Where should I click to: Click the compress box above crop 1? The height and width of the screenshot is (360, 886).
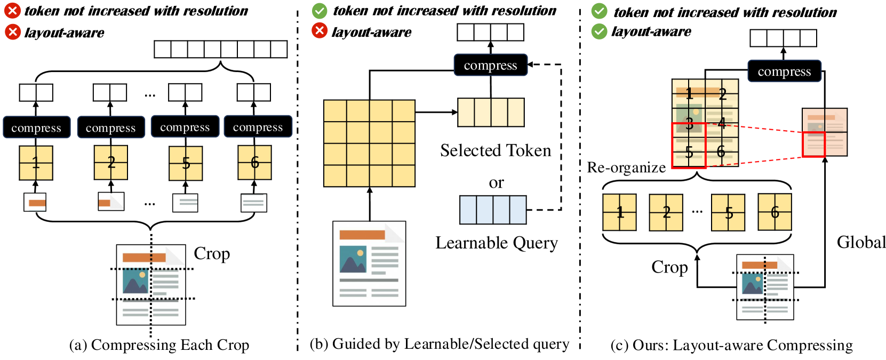(x=36, y=127)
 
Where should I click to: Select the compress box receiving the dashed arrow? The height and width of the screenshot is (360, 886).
(x=490, y=65)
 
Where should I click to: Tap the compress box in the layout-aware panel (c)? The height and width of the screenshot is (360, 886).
(x=784, y=71)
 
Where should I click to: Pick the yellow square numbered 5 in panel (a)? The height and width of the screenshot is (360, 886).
(x=186, y=163)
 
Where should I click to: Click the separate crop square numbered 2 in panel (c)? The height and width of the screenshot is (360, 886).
(x=666, y=212)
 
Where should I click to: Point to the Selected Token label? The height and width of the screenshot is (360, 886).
(x=495, y=151)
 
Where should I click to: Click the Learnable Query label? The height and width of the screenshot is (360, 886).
(x=496, y=243)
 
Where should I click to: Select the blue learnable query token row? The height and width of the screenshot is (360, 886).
(x=493, y=210)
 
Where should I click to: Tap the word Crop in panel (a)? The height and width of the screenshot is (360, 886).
(x=212, y=254)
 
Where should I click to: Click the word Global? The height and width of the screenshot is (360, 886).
(x=861, y=243)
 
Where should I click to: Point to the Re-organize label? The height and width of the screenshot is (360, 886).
(x=626, y=167)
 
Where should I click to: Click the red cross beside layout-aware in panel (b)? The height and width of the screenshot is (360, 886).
(x=319, y=31)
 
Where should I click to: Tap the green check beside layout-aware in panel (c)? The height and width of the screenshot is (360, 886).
(x=599, y=31)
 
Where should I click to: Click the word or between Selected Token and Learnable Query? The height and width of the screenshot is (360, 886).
(x=496, y=183)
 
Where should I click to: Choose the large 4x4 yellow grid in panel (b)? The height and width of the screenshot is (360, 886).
(x=369, y=143)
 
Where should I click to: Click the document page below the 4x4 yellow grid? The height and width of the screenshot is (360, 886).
(x=369, y=263)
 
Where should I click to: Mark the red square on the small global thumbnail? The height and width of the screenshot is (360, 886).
(x=813, y=145)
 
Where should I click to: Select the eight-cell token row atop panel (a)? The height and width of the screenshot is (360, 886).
(x=220, y=49)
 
